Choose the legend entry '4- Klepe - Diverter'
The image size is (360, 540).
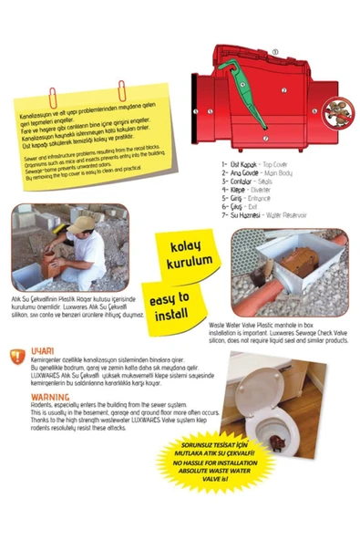(x=253, y=190)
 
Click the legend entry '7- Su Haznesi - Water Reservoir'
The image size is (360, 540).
(x=267, y=215)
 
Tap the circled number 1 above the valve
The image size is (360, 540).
(x=274, y=53)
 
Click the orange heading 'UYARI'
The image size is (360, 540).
(x=45, y=349)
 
